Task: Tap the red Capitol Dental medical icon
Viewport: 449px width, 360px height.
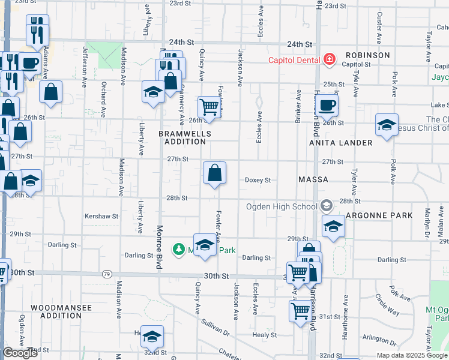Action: pyautogui.click(x=329, y=59)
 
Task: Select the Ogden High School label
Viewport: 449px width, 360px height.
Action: pyautogui.click(x=282, y=207)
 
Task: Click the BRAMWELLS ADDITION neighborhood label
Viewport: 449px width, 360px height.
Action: pyautogui.click(x=182, y=137)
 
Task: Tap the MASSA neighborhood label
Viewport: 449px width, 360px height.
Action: pyautogui.click(x=313, y=179)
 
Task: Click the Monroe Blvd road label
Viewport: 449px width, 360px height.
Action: pyautogui.click(x=159, y=248)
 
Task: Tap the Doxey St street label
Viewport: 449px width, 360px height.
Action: pyautogui.click(x=258, y=180)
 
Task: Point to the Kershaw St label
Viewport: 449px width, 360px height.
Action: pyautogui.click(x=101, y=216)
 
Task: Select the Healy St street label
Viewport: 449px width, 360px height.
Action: pyautogui.click(x=264, y=335)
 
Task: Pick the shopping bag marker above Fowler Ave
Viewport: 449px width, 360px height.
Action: pyautogui.click(x=214, y=174)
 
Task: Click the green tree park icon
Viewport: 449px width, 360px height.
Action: pyautogui.click(x=178, y=248)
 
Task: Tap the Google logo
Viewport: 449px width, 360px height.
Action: pyautogui.click(x=20, y=353)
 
